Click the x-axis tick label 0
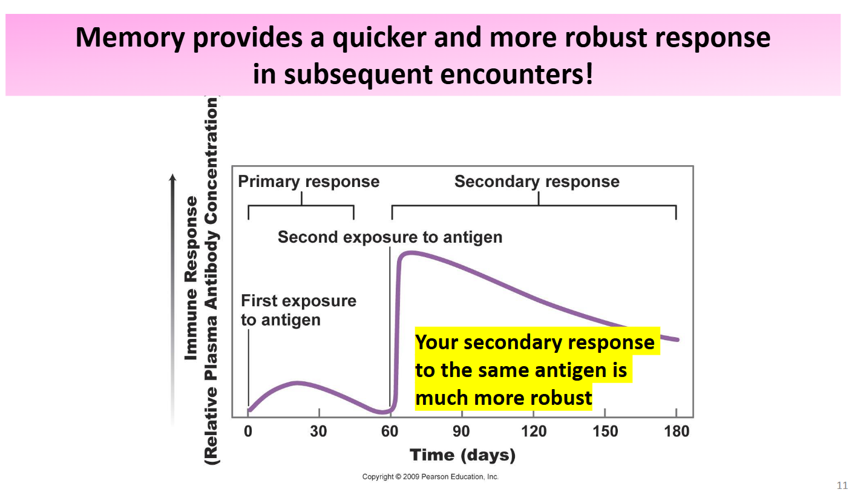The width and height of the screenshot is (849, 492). click(247, 431)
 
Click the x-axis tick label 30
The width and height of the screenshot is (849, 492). click(318, 431)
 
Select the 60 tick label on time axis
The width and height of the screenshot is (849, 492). click(390, 431)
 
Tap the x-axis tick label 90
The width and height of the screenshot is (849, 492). click(462, 431)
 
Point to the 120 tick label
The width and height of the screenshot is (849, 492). click(533, 431)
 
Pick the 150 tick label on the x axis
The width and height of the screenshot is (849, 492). click(605, 431)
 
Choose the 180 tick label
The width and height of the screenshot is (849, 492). click(676, 431)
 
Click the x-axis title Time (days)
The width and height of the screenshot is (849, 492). click(462, 455)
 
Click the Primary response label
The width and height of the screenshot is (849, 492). click(309, 182)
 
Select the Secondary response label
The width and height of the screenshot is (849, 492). click(537, 182)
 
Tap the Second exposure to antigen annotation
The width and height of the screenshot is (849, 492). click(390, 237)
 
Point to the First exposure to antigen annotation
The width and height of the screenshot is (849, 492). click(298, 310)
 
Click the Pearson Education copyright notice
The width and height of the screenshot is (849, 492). click(430, 477)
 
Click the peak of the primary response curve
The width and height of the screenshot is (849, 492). click(296, 382)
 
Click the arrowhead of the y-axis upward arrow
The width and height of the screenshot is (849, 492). click(173, 178)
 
